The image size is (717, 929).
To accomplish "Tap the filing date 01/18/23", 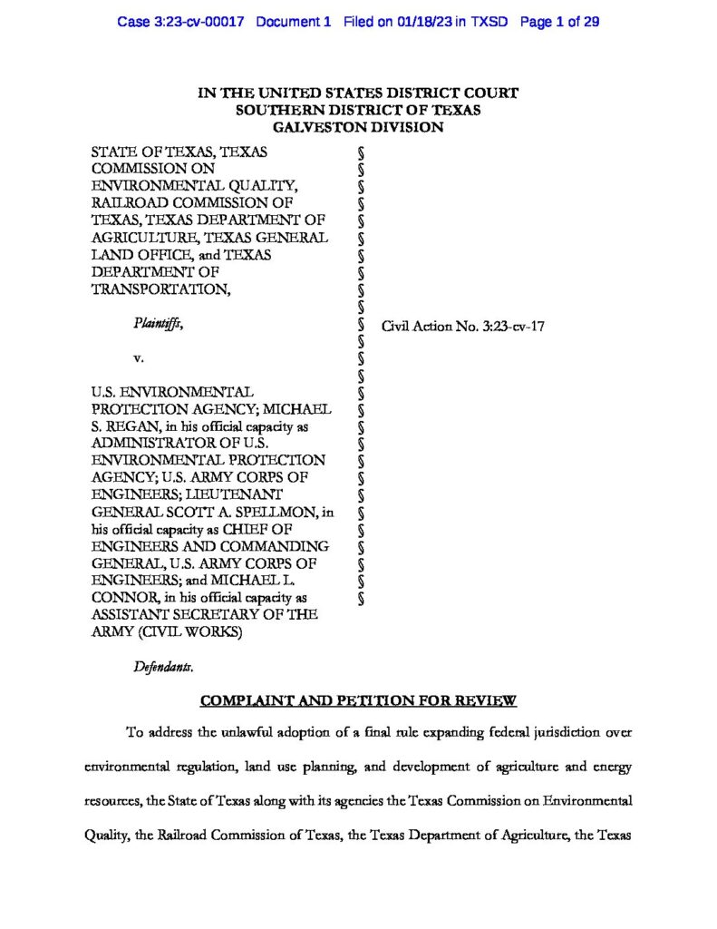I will pos(425,21).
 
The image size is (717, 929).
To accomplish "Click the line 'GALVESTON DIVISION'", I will pos(358,127).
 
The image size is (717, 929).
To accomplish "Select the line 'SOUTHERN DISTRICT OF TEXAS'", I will pos(358,110).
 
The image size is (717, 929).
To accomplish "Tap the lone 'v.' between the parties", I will pos(139,357).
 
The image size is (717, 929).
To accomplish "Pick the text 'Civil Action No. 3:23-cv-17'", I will pos(461,325).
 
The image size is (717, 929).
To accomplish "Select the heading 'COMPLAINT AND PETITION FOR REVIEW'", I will pos(358,700).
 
